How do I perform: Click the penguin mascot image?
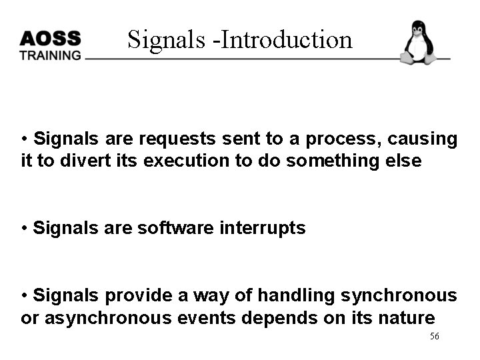point(418,43)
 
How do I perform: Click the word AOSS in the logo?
point(50,37)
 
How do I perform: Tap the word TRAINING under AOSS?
point(50,55)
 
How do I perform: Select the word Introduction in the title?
point(285,40)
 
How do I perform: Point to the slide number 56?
point(434,337)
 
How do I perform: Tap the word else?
point(405,161)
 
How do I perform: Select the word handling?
point(297,295)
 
